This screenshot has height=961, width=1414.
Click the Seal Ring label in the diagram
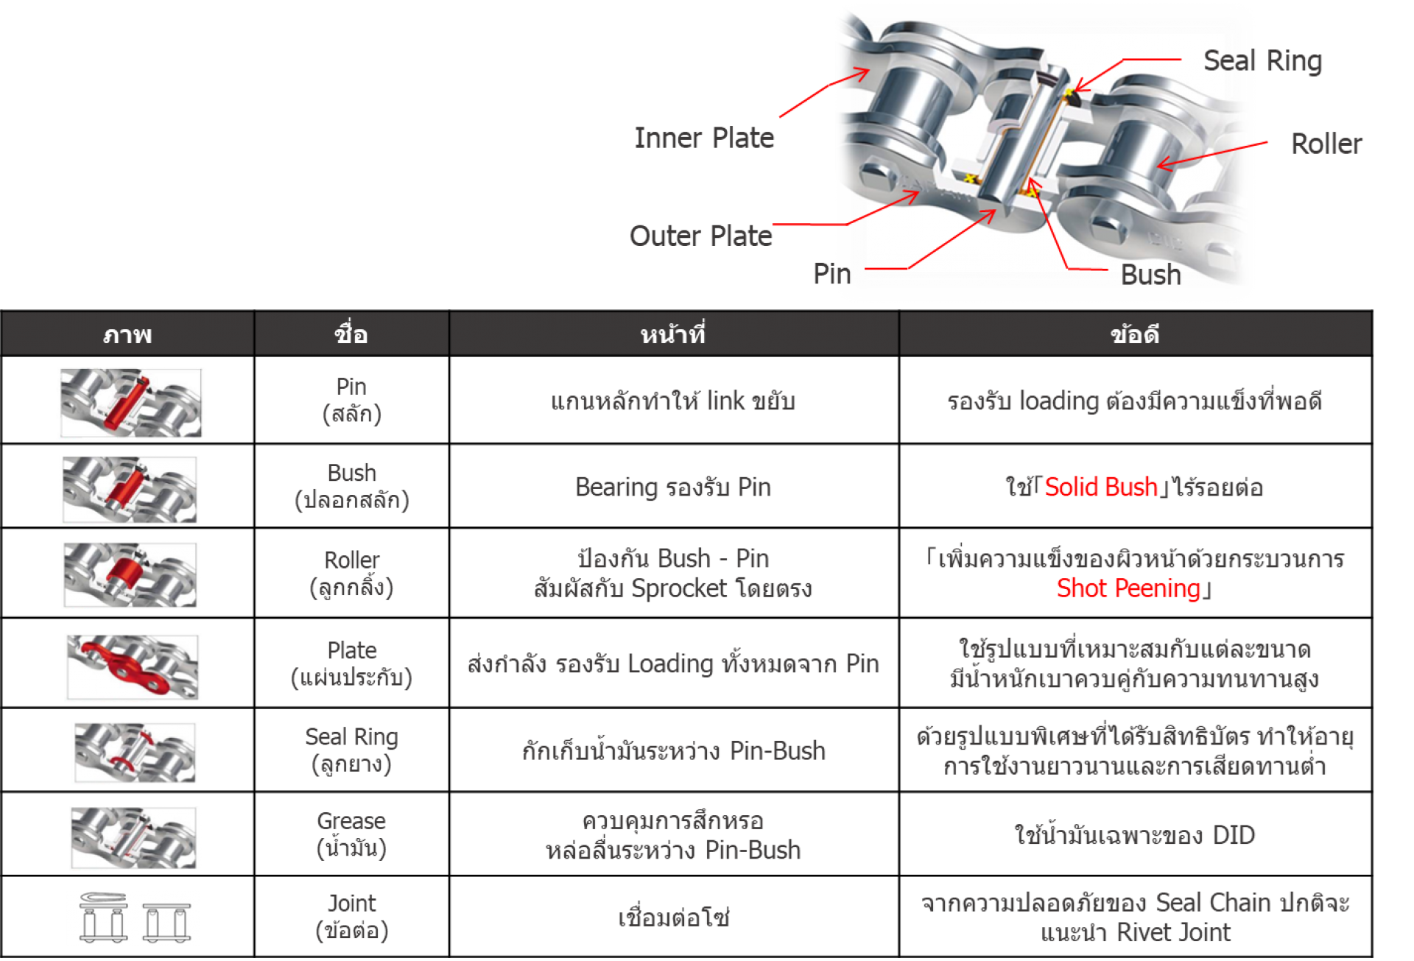click(1262, 61)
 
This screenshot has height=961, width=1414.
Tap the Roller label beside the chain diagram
click(1326, 144)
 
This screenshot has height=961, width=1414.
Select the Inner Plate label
click(704, 138)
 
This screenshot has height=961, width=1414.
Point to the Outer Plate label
click(700, 236)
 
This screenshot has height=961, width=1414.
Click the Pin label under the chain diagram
click(832, 274)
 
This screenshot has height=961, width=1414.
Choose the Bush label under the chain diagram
click(1150, 275)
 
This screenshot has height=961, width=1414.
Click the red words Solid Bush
click(1101, 487)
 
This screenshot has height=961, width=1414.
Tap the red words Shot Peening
click(1128, 588)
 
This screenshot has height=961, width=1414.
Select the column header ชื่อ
click(351, 334)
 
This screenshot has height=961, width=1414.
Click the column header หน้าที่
click(673, 334)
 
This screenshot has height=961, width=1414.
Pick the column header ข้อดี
click(1135, 335)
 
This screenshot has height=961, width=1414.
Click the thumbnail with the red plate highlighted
click(133, 666)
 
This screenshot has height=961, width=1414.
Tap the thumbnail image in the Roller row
click(130, 575)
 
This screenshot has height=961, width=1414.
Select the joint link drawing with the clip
click(104, 917)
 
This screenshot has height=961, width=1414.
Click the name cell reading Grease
click(351, 834)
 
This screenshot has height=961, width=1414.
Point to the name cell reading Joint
click(351, 917)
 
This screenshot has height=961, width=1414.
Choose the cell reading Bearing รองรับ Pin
click(673, 487)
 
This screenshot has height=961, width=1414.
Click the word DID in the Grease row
click(1234, 835)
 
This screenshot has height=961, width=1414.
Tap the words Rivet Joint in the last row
click(1173, 932)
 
